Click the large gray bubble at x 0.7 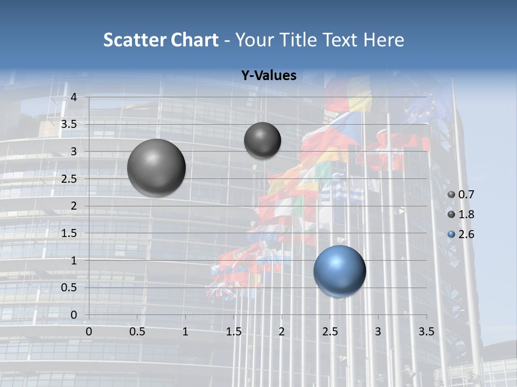(156, 168)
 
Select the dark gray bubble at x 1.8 (262, 140)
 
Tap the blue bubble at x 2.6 (339, 271)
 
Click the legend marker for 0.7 (451, 195)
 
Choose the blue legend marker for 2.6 (451, 234)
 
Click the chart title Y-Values (269, 76)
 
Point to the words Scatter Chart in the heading (160, 40)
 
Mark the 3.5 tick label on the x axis (427, 331)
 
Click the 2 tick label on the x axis (282, 331)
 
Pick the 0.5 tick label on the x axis (137, 331)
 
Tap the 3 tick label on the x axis (378, 331)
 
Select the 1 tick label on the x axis (185, 331)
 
